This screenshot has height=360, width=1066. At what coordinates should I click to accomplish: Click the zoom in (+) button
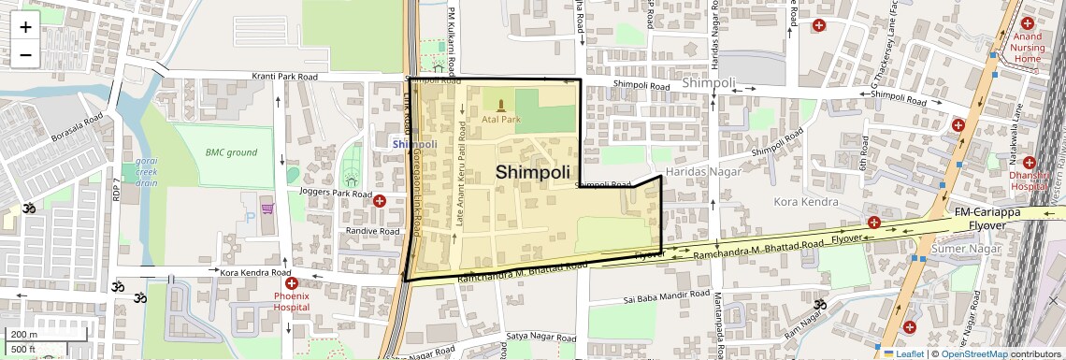click(25, 26)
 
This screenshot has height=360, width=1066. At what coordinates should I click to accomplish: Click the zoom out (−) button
click(25, 54)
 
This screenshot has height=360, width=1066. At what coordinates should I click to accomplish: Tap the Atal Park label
click(500, 120)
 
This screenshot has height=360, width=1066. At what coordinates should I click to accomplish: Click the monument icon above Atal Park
click(501, 105)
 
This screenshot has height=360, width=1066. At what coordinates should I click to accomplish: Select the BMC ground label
click(231, 152)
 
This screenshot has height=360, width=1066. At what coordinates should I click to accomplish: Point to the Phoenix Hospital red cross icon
click(291, 282)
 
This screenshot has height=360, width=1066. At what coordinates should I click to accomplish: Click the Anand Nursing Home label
click(1027, 48)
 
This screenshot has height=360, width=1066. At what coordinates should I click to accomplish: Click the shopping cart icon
click(267, 208)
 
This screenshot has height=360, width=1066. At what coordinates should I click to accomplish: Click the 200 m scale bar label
click(23, 334)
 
